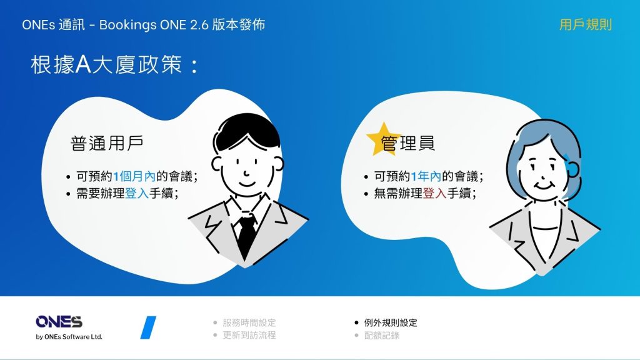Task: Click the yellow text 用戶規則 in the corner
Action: [x=585, y=24]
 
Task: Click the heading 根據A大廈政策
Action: [x=106, y=64]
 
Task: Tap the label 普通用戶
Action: [x=107, y=143]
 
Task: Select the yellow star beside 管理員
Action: [x=383, y=139]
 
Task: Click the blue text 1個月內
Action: [x=134, y=176]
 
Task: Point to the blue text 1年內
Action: [x=426, y=176]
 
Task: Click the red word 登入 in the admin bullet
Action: [x=435, y=193]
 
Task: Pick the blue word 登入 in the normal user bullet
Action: [x=137, y=193]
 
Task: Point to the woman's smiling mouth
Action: [x=543, y=186]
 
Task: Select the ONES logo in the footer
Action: [x=59, y=322]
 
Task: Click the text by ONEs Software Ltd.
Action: [x=69, y=337]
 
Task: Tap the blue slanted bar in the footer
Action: [x=148, y=327]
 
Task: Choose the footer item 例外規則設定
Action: [x=391, y=323]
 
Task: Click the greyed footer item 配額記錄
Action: [x=382, y=336]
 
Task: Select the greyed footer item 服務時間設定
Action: [x=249, y=323]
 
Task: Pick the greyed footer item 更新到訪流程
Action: [x=249, y=335]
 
